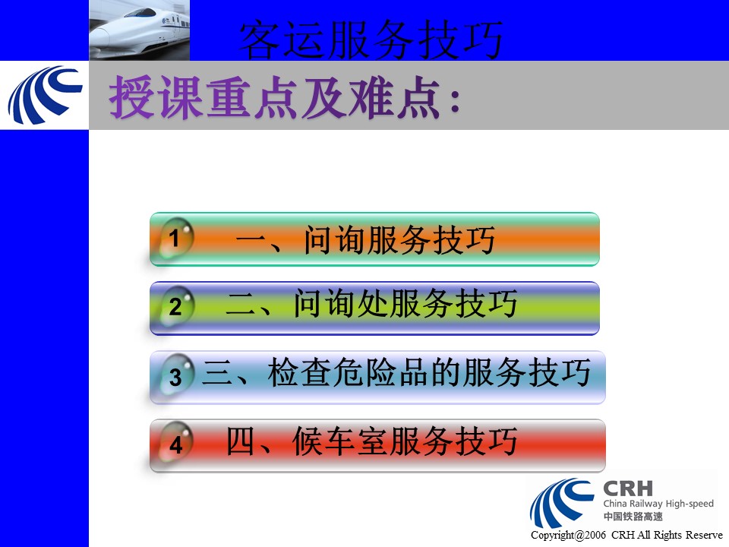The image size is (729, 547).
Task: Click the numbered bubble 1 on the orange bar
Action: (175, 238)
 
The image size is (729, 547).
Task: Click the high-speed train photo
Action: (140, 30)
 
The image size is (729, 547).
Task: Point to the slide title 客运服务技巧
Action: (371, 40)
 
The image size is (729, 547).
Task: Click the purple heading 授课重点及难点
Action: (274, 97)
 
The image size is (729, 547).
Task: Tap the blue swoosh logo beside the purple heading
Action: (45, 95)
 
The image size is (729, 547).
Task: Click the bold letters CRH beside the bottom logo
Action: (628, 489)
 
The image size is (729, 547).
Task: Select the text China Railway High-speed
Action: (658, 504)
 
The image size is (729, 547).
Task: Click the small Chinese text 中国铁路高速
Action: (633, 517)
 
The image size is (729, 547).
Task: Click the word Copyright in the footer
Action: (552, 536)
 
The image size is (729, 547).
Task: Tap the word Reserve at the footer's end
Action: (705, 535)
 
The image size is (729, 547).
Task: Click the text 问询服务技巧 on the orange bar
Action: (399, 239)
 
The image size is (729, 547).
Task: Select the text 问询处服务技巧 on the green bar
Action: (406, 303)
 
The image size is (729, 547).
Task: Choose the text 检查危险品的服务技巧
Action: (428, 372)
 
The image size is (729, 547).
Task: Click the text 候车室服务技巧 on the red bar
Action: (405, 441)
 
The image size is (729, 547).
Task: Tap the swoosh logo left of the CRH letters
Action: (562, 504)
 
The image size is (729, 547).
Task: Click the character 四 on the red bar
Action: (241, 441)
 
